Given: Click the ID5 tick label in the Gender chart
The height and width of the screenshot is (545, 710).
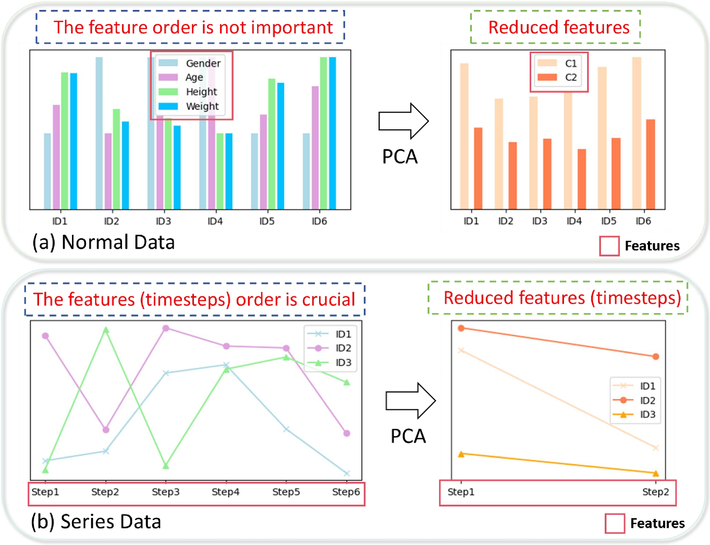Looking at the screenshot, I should point(267,221).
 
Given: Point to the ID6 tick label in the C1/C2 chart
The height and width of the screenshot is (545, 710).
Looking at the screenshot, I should point(643,221).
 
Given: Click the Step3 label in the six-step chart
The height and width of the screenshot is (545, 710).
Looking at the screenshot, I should point(165,492).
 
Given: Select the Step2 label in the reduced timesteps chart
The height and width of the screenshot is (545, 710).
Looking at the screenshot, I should point(655,492).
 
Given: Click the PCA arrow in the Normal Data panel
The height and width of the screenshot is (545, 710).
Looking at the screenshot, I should point(403,121).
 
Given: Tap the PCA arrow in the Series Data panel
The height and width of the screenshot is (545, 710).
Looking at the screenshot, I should point(410,401).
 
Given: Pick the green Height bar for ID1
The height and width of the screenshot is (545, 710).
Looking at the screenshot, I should point(65,141).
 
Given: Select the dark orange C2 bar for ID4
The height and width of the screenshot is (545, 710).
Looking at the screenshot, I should point(582,179).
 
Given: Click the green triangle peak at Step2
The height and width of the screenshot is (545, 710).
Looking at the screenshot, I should point(106,330).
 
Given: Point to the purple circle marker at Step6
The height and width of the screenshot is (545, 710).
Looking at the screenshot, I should point(347,433).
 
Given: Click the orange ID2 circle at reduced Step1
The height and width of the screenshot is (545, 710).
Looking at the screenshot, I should point(461,328).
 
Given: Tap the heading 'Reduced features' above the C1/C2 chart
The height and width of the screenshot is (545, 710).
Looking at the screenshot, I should point(559,27).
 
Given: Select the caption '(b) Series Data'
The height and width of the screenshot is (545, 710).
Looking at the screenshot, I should point(96,522).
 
